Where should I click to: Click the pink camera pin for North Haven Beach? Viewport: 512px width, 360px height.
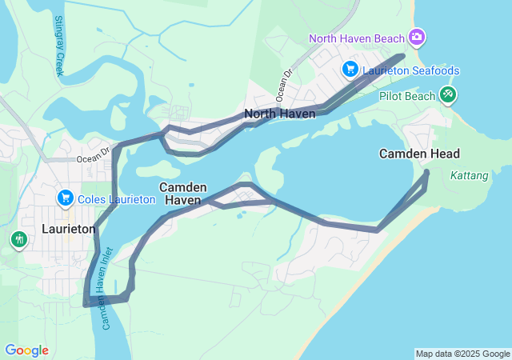click(x=416, y=37)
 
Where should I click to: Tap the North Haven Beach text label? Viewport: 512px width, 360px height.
click(x=358, y=38)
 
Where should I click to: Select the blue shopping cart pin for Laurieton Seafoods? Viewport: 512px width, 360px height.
click(x=350, y=70)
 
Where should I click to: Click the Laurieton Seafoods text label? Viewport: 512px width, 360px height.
click(x=411, y=71)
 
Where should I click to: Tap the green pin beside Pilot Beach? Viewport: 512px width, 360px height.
click(x=448, y=95)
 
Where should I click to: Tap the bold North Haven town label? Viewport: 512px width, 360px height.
click(x=280, y=114)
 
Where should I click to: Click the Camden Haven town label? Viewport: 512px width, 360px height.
click(x=183, y=193)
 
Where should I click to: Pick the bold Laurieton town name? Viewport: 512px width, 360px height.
click(x=68, y=229)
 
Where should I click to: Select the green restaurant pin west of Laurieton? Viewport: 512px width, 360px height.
click(x=18, y=238)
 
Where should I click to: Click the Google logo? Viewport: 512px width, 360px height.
click(x=26, y=350)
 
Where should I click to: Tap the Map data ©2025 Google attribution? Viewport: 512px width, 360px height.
click(x=462, y=354)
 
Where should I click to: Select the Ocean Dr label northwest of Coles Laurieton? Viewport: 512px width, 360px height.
click(x=93, y=154)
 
